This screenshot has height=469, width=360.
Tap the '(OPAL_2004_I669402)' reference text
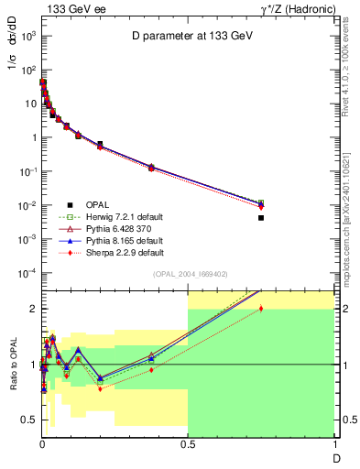[189, 274]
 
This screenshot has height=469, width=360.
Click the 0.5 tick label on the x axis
[188, 444]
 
